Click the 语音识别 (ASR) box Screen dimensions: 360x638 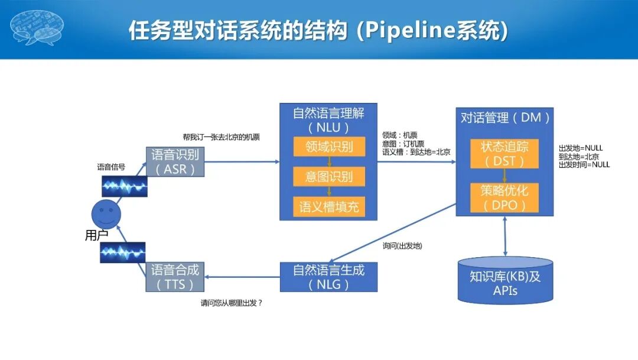point(175,162)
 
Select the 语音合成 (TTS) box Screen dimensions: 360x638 point(175,277)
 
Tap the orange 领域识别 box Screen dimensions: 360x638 point(329,147)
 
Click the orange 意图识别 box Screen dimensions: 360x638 point(329,177)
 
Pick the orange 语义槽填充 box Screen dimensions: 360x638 point(329,207)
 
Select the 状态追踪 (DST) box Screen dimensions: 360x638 point(504,154)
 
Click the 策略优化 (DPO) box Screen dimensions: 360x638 point(504,197)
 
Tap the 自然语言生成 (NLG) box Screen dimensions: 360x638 point(328,277)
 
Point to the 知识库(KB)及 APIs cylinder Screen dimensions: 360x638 point(505,283)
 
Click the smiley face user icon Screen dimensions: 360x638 point(106,212)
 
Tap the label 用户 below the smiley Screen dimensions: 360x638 point(96,235)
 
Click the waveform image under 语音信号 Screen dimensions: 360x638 point(124,186)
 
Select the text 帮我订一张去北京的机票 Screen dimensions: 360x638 point(222,137)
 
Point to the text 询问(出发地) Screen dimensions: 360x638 point(402,245)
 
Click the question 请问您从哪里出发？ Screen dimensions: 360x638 point(232,303)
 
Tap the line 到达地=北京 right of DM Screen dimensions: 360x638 point(578,157)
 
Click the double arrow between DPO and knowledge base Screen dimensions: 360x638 point(505,236)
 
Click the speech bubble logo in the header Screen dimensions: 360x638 point(38,28)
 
